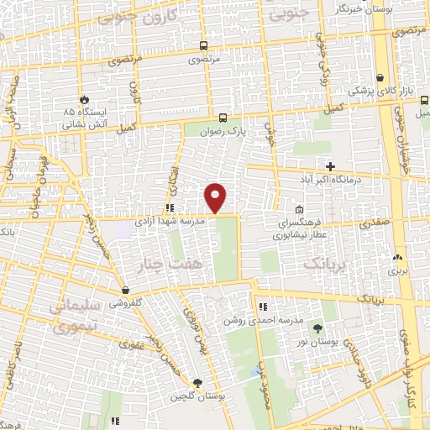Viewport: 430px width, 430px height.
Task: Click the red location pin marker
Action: tap(216, 197)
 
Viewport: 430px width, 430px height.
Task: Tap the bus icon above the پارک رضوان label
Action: tap(223, 118)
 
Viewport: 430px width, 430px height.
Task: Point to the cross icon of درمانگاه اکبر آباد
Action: tap(330, 166)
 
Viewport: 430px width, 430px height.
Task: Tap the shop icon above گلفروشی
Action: tap(124, 289)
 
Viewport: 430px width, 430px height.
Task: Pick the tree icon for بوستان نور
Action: tap(317, 328)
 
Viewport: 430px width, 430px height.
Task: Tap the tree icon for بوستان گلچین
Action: tap(197, 383)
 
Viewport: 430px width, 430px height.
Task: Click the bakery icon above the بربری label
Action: tap(397, 257)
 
